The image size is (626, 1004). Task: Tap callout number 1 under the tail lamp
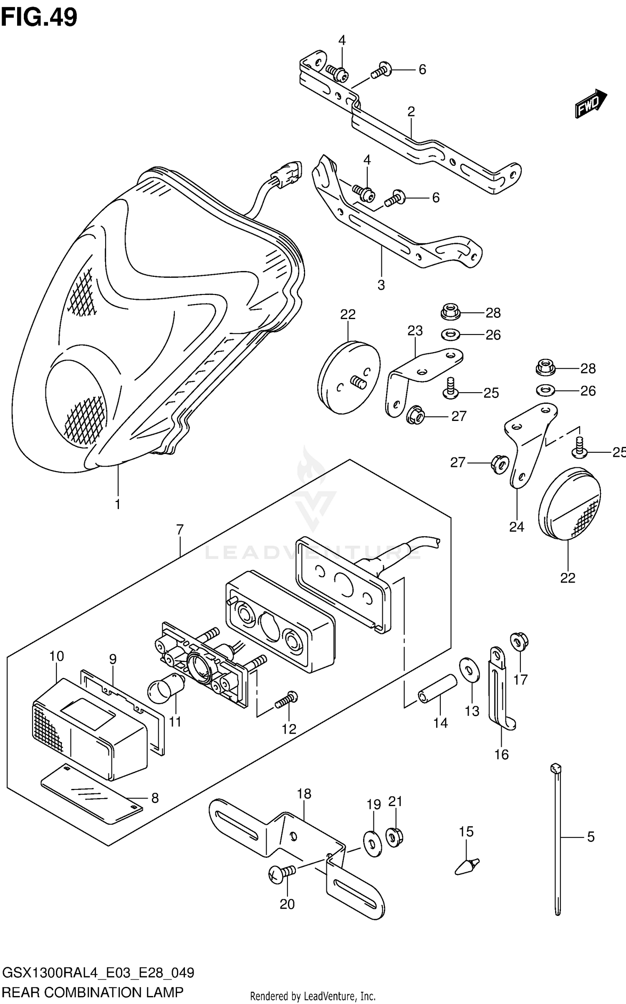[118, 504]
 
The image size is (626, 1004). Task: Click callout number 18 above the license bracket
[304, 794]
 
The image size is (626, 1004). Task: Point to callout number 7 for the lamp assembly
[180, 530]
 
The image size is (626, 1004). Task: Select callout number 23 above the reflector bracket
[415, 331]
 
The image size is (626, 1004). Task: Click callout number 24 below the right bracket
[516, 527]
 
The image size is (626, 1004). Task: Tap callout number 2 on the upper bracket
[411, 112]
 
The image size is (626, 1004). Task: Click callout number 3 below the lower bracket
[381, 285]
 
